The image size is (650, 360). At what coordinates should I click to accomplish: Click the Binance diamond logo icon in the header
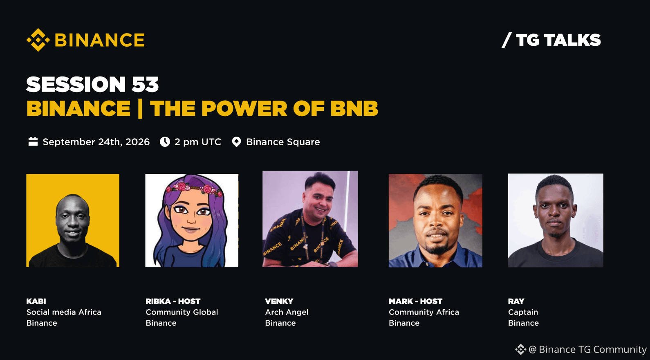pyautogui.click(x=38, y=40)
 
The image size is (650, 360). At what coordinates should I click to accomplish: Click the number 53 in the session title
pyautogui.click(x=145, y=85)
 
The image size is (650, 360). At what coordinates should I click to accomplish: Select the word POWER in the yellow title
pyautogui.click(x=244, y=108)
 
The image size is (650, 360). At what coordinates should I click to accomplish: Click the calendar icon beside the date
pyautogui.click(x=33, y=142)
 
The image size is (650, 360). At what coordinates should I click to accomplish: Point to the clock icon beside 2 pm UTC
pyautogui.click(x=165, y=142)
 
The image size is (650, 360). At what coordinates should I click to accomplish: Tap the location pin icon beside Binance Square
pyautogui.click(x=237, y=142)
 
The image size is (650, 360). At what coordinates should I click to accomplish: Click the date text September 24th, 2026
pyautogui.click(x=96, y=142)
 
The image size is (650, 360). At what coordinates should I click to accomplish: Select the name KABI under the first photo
pyautogui.click(x=36, y=301)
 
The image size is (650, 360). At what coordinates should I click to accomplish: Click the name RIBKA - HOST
pyautogui.click(x=173, y=301)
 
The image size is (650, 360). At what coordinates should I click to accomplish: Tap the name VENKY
pyautogui.click(x=279, y=301)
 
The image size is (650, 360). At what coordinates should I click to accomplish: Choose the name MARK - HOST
pyautogui.click(x=415, y=301)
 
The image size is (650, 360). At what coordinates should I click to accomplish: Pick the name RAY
pyautogui.click(x=516, y=301)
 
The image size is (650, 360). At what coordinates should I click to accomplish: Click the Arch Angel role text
pyautogui.click(x=287, y=313)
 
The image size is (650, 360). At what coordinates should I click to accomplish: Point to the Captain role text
pyautogui.click(x=523, y=313)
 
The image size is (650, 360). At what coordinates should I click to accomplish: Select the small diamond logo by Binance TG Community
pyautogui.click(x=520, y=349)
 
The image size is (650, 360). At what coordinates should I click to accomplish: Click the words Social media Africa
pyautogui.click(x=64, y=312)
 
